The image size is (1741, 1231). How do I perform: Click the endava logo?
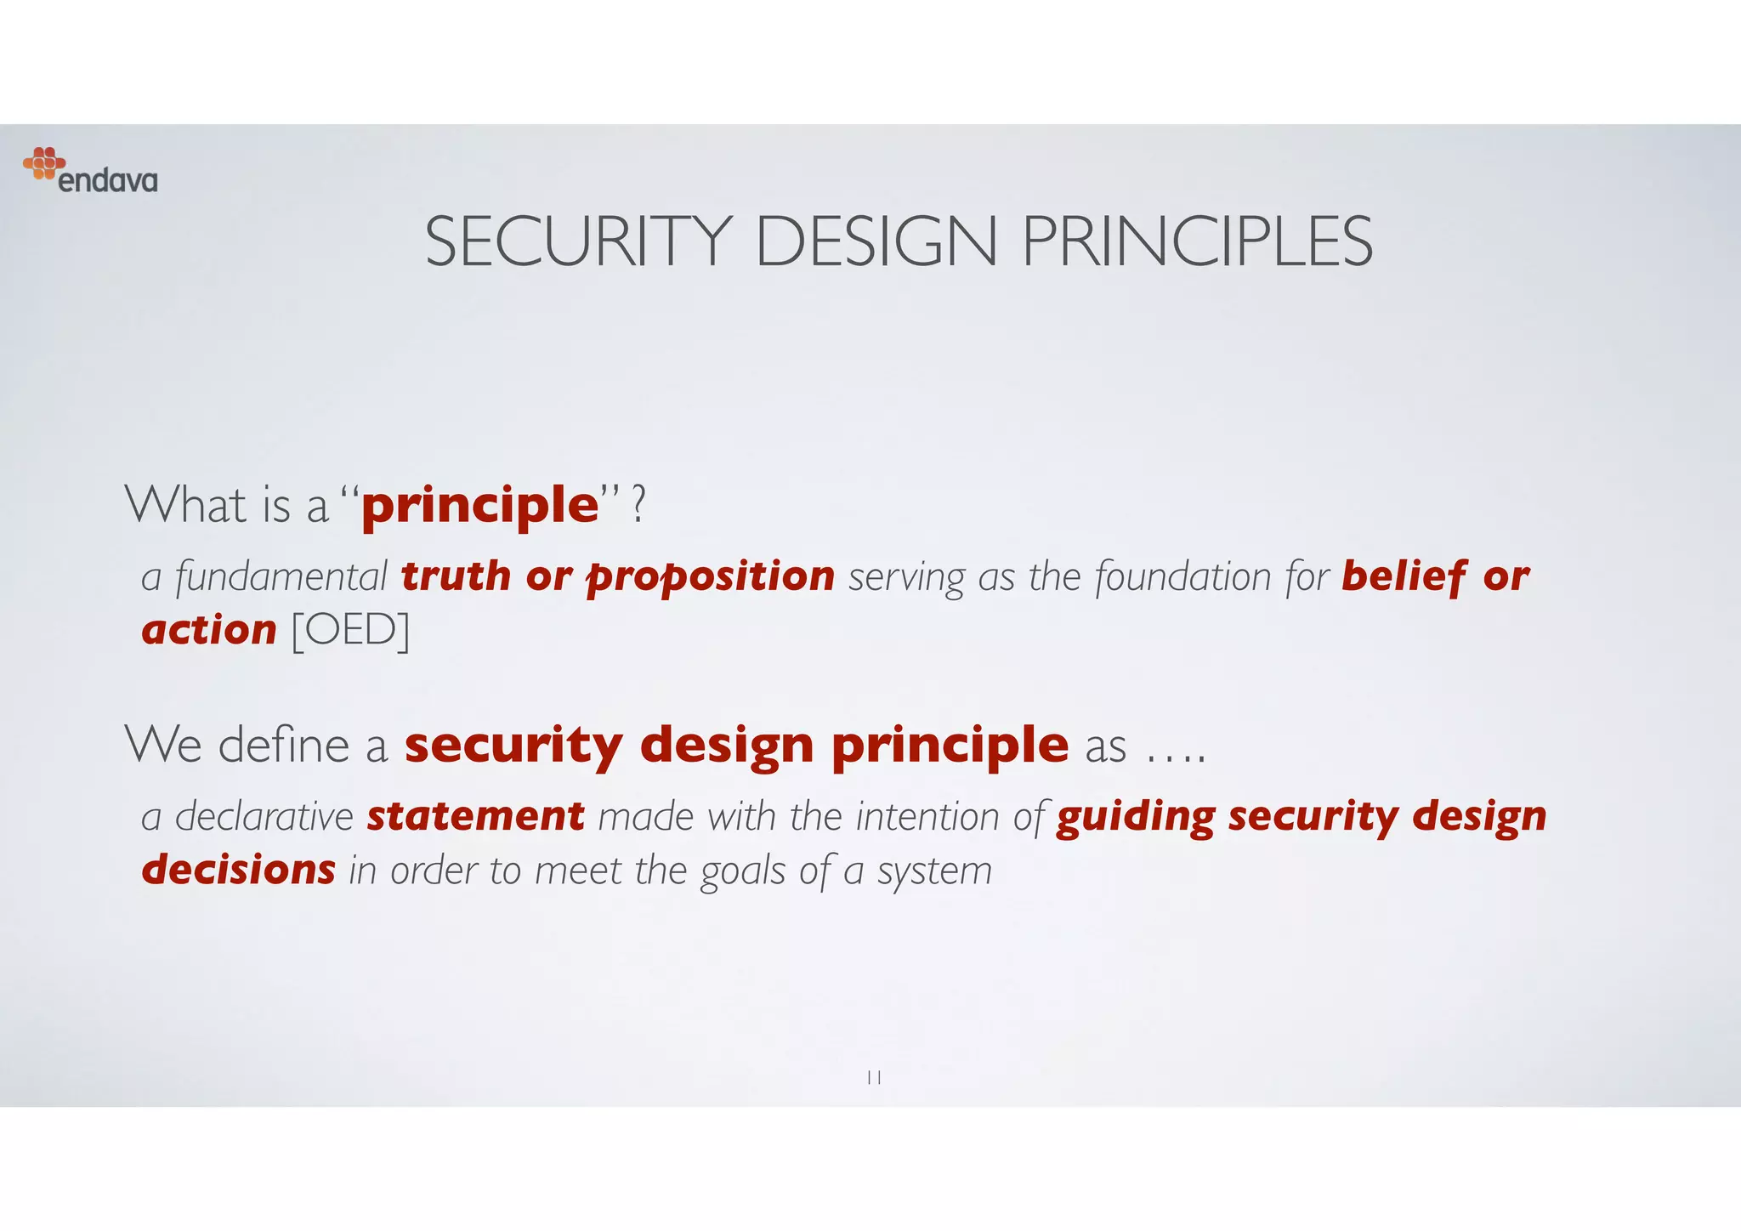pyautogui.click(x=90, y=171)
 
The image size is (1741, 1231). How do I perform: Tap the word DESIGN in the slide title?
pyautogui.click(x=876, y=242)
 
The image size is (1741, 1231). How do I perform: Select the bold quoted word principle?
pyautogui.click(x=480, y=506)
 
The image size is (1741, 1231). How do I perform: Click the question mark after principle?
pyautogui.click(x=639, y=505)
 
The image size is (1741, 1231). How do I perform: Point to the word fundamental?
pyautogui.click(x=281, y=577)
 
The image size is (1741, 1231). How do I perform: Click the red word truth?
pyautogui.click(x=456, y=576)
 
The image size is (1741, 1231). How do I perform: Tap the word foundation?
pyautogui.click(x=1182, y=577)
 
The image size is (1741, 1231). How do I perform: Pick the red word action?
pyautogui.click(x=209, y=631)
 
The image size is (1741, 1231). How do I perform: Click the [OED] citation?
pyautogui.click(x=350, y=631)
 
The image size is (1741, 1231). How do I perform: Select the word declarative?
pyautogui.click(x=264, y=817)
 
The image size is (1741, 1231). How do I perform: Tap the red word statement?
pyautogui.click(x=475, y=817)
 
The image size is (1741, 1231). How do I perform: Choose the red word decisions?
pyautogui.click(x=239, y=871)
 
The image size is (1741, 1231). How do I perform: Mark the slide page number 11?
pyautogui.click(x=873, y=1078)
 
